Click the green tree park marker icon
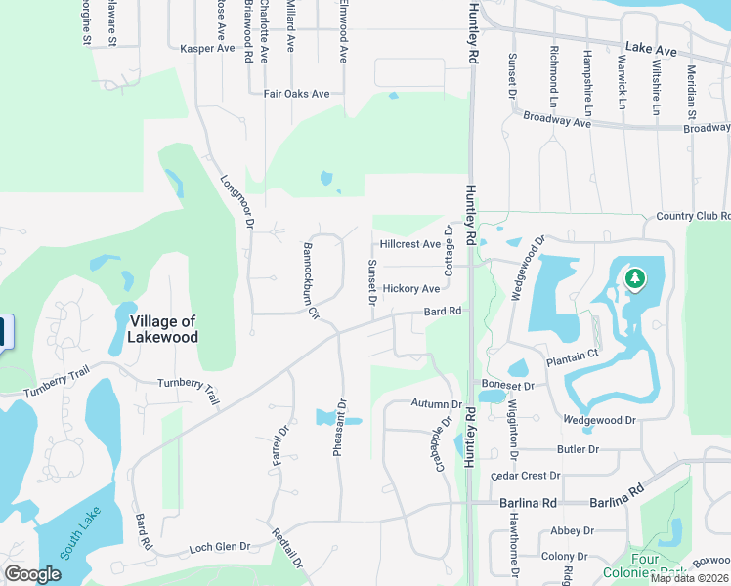[x=635, y=279]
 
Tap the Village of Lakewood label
[x=162, y=329]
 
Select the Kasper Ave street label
[x=208, y=48]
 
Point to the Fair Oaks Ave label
[x=297, y=94]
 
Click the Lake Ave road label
[x=651, y=48]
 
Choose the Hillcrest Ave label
[x=409, y=244]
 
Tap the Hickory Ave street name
[x=411, y=289]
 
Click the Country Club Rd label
[x=694, y=216]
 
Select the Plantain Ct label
[x=572, y=359]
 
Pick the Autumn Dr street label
[x=436, y=403]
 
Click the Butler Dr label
[x=578, y=449]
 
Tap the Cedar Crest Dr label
[x=526, y=476]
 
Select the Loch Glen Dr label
[x=220, y=547]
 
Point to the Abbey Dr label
[x=573, y=530]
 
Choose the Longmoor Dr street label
[x=237, y=202]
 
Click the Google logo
[x=32, y=573]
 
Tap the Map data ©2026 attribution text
[x=689, y=578]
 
